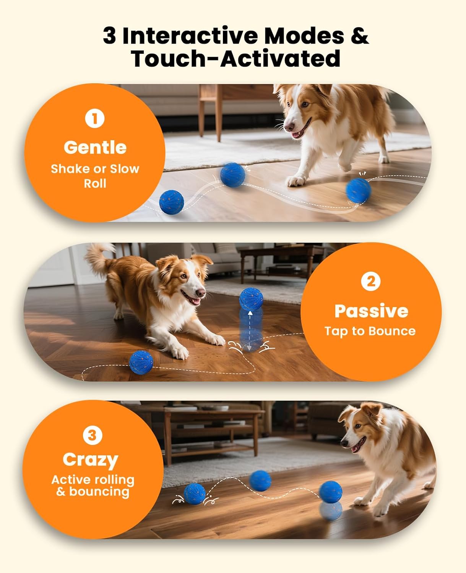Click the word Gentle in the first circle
tap(95, 147)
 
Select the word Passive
tap(371, 311)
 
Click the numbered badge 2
tap(371, 282)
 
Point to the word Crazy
tap(90, 460)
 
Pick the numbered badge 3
tap(92, 435)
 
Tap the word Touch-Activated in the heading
tap(235, 59)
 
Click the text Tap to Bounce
tap(370, 331)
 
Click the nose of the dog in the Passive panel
tap(201, 293)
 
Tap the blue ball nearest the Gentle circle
tap(171, 202)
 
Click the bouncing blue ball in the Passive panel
tap(251, 298)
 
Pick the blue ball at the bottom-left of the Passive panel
tap(141, 362)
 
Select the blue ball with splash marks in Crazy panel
tap(195, 494)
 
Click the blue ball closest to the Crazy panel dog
tap(331, 492)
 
